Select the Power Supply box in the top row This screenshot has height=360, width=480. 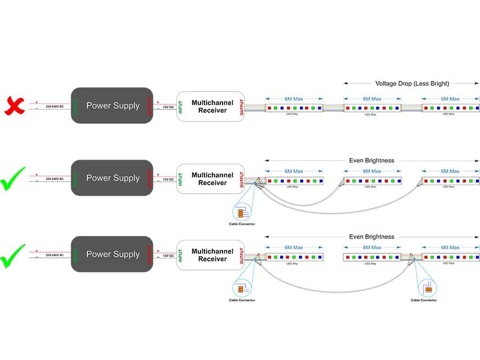[x=112, y=106]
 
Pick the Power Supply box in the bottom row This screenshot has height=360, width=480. [x=112, y=254]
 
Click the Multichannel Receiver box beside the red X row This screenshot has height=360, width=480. [x=211, y=106]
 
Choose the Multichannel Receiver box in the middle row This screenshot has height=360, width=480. [x=211, y=179]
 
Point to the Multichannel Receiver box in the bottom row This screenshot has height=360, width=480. [x=211, y=255]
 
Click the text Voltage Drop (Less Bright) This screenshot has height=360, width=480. [x=412, y=84]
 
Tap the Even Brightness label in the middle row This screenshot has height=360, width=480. [x=372, y=160]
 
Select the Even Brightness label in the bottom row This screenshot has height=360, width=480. [x=372, y=236]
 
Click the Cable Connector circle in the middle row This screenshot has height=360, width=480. [x=241, y=213]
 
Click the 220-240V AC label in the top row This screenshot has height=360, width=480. [x=55, y=106]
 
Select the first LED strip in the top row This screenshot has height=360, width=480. [x=294, y=107]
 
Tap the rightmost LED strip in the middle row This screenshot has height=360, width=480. [x=451, y=181]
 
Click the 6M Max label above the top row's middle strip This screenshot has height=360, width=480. [x=372, y=98]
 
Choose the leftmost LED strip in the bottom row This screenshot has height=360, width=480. [x=294, y=257]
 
